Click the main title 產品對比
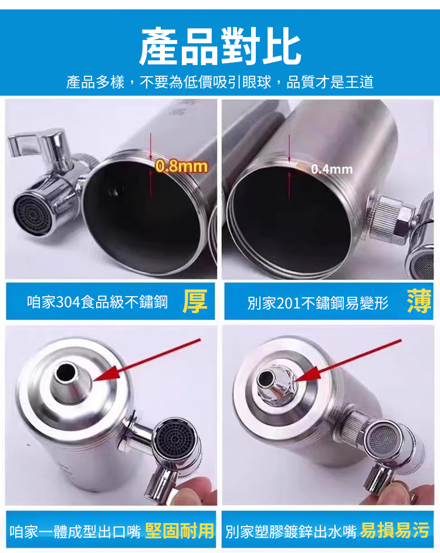click(x=220, y=46)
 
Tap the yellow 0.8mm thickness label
click(x=181, y=166)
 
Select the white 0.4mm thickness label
click(x=332, y=169)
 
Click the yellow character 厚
click(x=195, y=301)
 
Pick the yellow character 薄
click(x=419, y=301)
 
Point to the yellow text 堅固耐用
click(x=180, y=531)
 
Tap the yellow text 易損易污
click(x=395, y=531)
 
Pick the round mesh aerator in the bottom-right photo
click(x=383, y=440)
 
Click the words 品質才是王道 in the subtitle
click(x=330, y=82)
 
